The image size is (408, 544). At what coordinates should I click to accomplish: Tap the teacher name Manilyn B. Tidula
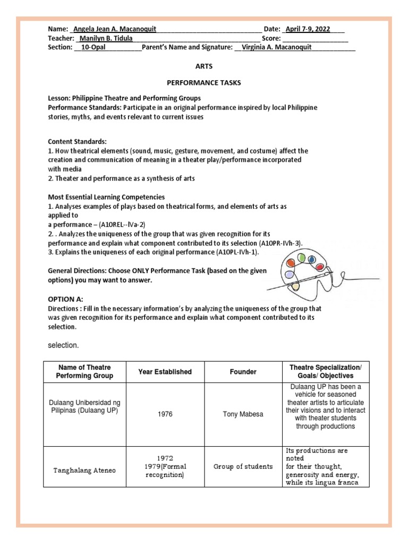(106, 38)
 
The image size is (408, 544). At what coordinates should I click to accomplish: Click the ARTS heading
(204, 67)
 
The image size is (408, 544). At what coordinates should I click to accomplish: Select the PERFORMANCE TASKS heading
(204, 83)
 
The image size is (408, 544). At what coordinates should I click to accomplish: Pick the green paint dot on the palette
(301, 258)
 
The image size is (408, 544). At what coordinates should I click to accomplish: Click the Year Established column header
(165, 372)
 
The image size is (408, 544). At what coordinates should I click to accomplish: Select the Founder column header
(243, 372)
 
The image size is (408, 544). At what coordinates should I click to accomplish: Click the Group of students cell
(243, 466)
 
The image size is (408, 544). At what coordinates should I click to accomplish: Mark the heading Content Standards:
(78, 142)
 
